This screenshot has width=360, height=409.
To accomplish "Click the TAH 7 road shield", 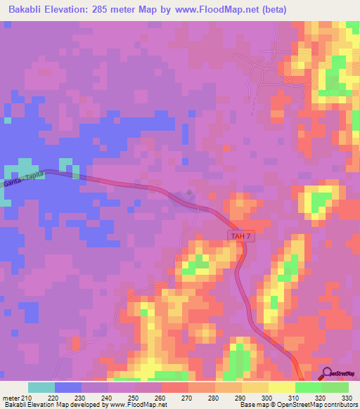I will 239,238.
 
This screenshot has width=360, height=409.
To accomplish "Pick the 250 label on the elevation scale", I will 131,398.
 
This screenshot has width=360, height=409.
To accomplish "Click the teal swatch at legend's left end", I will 41,387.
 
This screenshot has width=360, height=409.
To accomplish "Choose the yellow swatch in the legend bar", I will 281,387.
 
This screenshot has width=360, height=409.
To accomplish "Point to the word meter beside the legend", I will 12,398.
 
